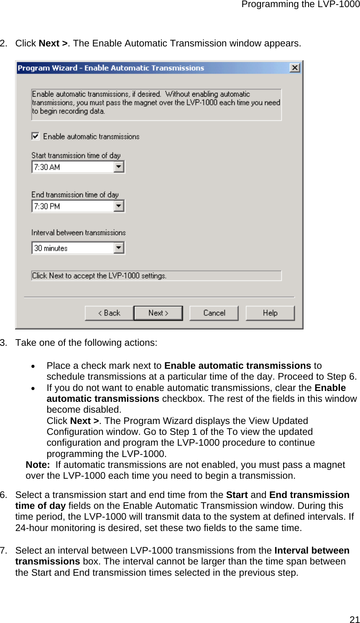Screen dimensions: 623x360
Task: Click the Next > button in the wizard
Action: coord(158,313)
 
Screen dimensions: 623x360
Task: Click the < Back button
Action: coord(109,313)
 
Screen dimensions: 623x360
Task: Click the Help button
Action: coord(270,313)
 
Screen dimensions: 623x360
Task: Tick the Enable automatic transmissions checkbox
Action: coord(36,136)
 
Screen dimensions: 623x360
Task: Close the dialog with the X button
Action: coord(295,68)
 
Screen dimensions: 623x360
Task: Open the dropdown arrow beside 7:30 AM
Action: coord(119,167)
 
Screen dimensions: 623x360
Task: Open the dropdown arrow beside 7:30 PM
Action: coord(119,206)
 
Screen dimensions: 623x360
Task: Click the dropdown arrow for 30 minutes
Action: coord(119,248)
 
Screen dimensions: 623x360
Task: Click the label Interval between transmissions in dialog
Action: coord(79,233)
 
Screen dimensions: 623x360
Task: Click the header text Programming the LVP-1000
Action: coord(300,5)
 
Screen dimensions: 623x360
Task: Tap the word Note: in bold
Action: coord(38,465)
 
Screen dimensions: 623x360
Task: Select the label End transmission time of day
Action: coord(75,195)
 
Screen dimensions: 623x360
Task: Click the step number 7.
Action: coord(3,551)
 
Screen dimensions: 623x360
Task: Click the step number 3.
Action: coord(3,343)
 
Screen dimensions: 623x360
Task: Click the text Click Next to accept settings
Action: coord(99,276)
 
